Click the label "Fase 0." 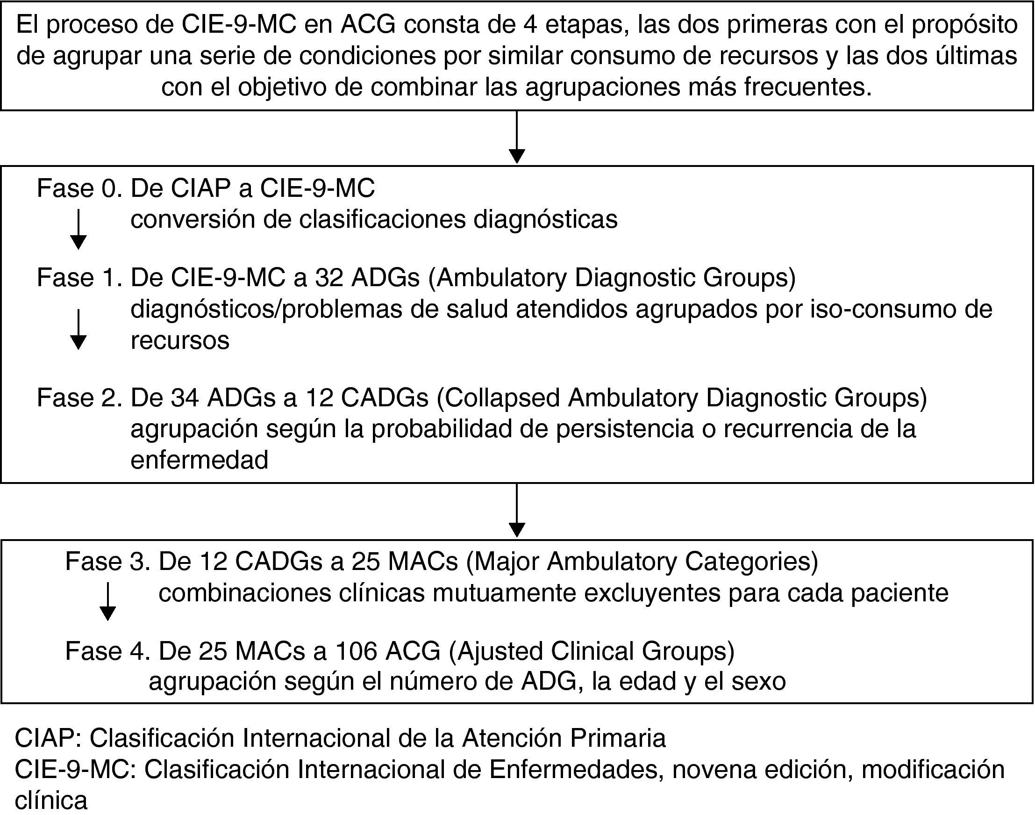click(79, 188)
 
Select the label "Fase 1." click(79, 278)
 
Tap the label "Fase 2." click(79, 398)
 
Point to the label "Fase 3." click(108, 562)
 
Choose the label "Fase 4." click(108, 651)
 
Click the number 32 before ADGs click(328, 278)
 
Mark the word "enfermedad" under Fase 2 click(199, 460)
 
